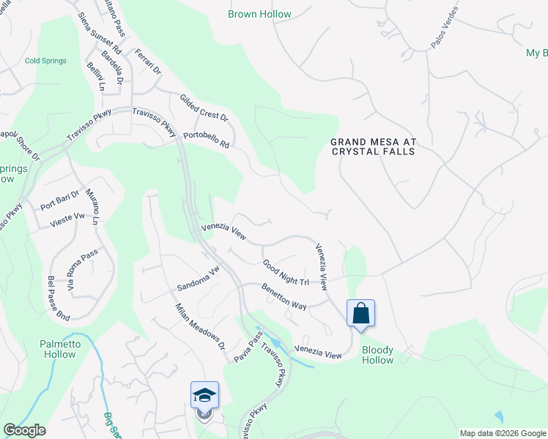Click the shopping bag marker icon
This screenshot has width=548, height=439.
click(360, 313)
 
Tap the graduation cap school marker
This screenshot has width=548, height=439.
click(204, 396)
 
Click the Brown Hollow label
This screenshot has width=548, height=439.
click(259, 14)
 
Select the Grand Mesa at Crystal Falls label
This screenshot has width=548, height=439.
click(372, 146)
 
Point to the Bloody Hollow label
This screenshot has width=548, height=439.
click(377, 355)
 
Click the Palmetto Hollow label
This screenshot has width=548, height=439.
click(57, 349)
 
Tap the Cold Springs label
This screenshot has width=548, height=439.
click(45, 61)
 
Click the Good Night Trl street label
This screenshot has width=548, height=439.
click(286, 272)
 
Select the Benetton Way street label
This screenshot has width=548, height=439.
click(284, 296)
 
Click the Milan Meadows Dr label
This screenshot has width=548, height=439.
click(199, 326)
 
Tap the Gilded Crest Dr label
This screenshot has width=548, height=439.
click(204, 108)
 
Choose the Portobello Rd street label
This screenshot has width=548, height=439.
click(206, 139)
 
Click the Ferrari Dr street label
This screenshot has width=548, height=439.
click(147, 62)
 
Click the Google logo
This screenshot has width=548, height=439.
click(23, 430)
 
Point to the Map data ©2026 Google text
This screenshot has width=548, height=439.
click(502, 433)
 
